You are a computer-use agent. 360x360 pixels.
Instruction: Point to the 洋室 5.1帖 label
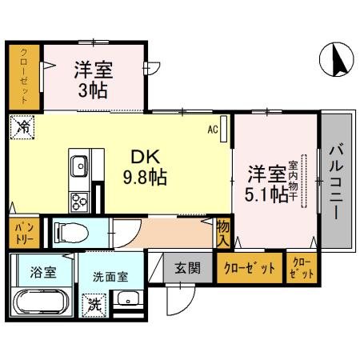point(266,182)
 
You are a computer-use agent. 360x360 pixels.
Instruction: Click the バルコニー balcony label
point(336,183)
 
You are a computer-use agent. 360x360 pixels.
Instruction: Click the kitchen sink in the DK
point(79,167)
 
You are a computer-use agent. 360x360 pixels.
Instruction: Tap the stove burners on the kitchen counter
point(79,199)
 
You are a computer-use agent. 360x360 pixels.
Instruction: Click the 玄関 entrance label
point(182,267)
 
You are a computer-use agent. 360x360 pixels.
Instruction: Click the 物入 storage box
point(223,234)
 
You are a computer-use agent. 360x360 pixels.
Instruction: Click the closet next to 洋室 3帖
point(24,78)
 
